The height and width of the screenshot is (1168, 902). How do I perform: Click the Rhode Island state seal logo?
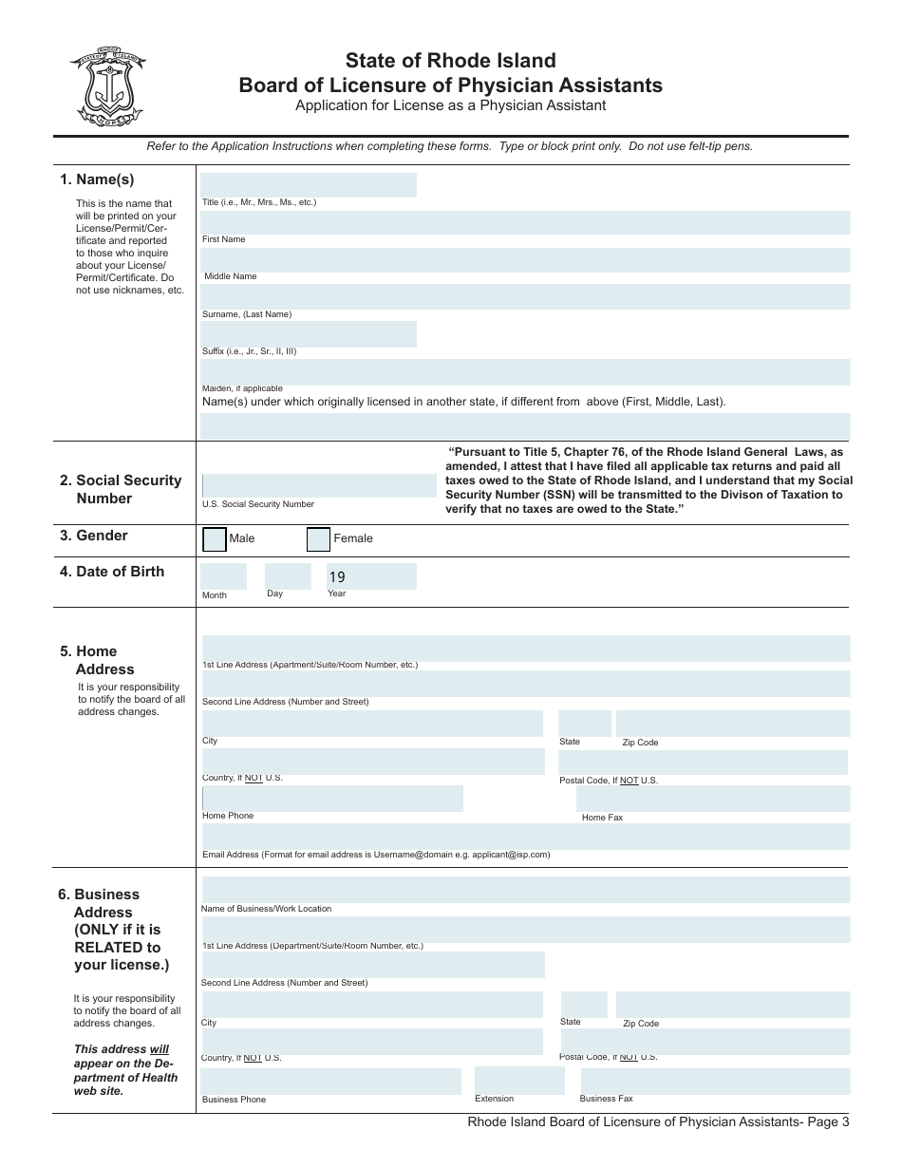106,86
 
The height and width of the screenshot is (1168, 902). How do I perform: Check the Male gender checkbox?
216,539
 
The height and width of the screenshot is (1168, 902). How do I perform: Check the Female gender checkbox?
318,539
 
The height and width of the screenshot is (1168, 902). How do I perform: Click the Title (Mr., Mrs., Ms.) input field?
308,185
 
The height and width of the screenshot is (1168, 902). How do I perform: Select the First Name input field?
525,222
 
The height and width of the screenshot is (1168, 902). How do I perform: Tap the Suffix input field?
308,334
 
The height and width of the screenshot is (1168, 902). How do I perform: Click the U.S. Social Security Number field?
318,485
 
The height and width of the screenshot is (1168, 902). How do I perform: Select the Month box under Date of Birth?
223,576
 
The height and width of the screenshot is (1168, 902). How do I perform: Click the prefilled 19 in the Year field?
337,576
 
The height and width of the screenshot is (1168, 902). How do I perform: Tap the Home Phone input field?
332,799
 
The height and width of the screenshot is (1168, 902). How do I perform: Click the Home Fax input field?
712,799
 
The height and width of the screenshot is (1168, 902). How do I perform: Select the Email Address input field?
525,836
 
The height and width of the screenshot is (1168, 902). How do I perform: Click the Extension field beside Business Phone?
518,1081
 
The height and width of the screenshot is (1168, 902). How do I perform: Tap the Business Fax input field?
714,1081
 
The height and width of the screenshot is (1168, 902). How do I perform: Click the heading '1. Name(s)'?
97,179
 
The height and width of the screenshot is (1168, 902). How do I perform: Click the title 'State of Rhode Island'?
450,61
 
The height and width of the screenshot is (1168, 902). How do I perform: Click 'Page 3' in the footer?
827,1122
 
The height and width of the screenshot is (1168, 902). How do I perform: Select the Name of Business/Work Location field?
525,890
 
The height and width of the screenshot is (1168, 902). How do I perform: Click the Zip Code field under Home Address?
732,724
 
